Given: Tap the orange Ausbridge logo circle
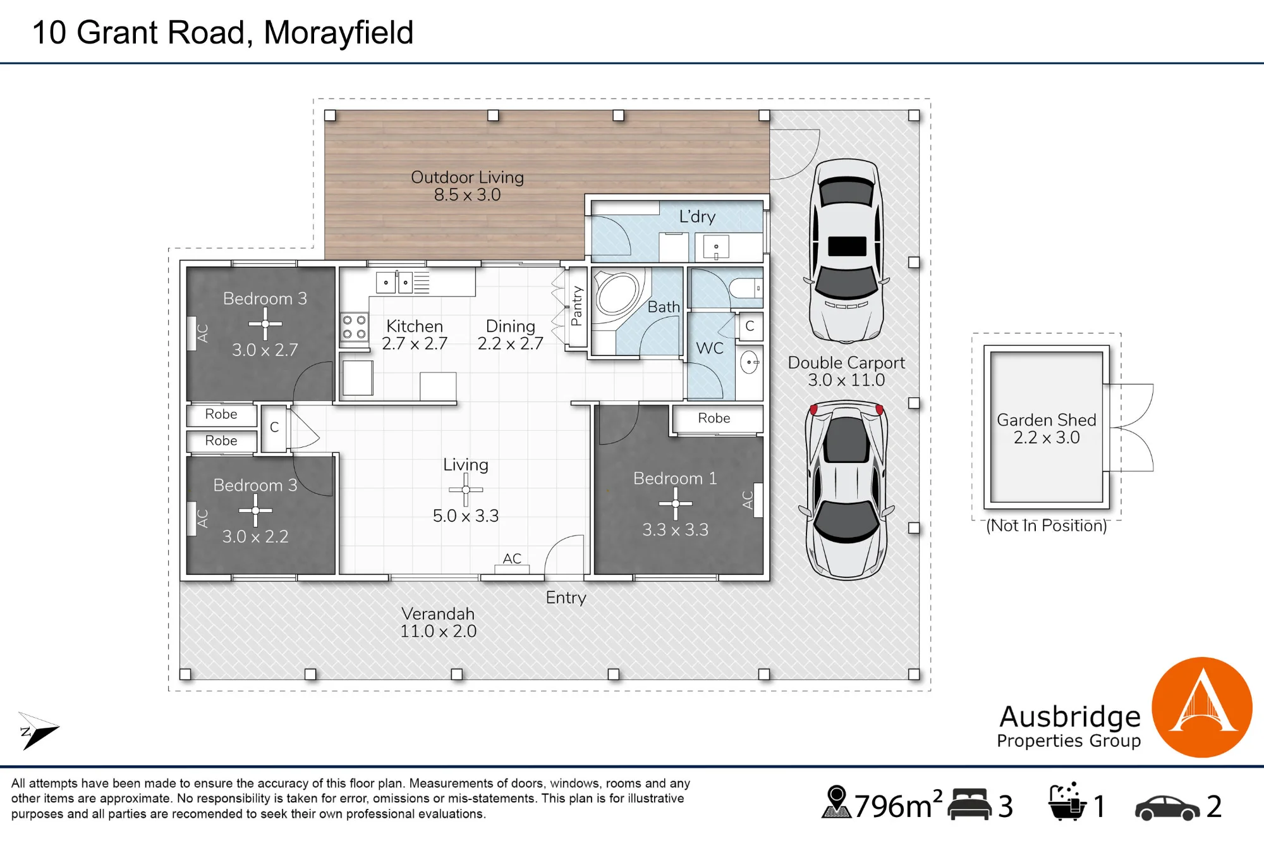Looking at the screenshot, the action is pos(1202,707).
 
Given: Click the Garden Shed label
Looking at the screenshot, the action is pos(1047,420).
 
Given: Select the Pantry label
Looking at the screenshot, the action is pos(576,305).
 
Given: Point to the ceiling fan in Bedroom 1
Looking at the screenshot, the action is pos(675,504).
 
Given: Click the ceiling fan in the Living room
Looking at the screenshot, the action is pos(466,490).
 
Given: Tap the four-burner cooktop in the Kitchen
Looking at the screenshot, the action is pos(354,327).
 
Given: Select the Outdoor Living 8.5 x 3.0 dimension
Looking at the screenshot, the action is pos(467,195).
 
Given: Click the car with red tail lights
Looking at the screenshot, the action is pos(846,490).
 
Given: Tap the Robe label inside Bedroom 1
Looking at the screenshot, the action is pos(714,418).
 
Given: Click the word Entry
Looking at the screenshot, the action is pos(566,598).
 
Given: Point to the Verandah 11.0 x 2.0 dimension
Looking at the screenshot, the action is pos(438,631).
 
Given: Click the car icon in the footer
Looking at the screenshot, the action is pos(1167,808).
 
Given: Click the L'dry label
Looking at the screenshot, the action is pos(697,217).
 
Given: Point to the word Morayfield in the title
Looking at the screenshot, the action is pos(338,33).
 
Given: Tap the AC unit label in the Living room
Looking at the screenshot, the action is pos(512,558).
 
